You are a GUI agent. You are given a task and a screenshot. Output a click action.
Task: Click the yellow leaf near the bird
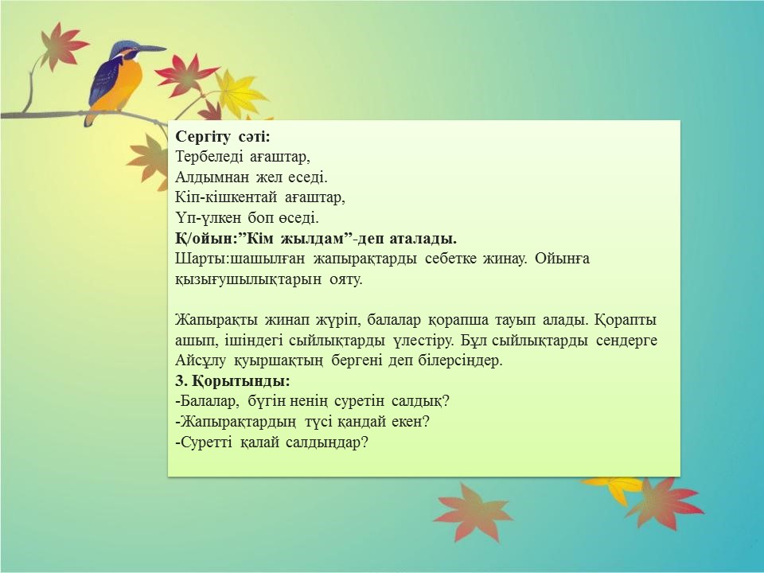[239, 94]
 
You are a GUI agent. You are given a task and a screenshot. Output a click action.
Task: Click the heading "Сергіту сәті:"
[222, 137]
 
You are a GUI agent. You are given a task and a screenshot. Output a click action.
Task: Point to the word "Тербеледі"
[208, 157]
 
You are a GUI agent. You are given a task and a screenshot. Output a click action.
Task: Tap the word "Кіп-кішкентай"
[225, 198]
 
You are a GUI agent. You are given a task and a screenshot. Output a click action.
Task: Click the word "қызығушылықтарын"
[248, 279]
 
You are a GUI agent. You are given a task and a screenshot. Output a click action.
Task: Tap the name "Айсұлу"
[201, 361]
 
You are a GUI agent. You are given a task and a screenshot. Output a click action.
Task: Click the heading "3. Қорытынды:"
[232, 380]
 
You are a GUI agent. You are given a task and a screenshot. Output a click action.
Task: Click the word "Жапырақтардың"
[236, 422]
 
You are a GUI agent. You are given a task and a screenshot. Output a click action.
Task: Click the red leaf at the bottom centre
[472, 513]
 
